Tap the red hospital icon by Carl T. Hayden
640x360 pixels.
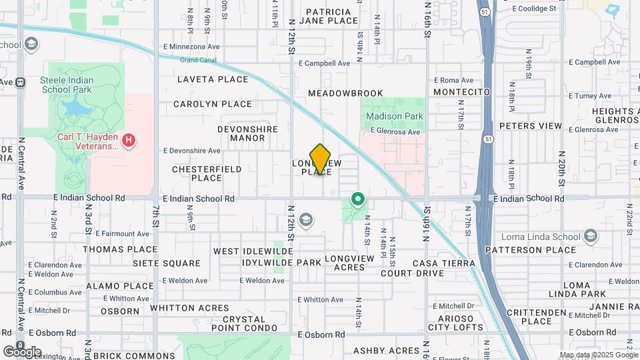129,141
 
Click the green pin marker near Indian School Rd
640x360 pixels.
358,199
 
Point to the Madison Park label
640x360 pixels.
395,116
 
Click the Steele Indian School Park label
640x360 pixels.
67,85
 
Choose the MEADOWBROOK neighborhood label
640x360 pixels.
345,93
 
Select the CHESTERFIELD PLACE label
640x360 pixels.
207,173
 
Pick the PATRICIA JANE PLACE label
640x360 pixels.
329,16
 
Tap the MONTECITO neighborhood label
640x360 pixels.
461,91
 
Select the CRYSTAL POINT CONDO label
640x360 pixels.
245,323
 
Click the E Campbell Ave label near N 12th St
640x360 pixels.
324,63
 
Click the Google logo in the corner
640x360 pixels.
22,351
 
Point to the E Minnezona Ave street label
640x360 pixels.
191,47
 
